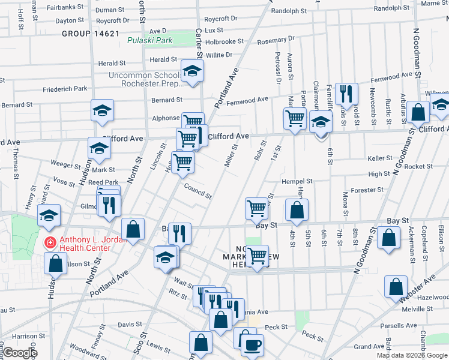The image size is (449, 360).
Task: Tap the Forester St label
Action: point(367,190)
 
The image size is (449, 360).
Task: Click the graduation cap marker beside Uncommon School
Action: point(191,73)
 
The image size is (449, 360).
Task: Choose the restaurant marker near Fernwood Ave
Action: point(346,93)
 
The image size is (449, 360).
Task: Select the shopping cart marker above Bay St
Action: point(256,209)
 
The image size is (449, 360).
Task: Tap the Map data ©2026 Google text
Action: point(412,355)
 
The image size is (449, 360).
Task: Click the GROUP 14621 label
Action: point(90,34)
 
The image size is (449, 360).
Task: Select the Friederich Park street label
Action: point(65,89)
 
